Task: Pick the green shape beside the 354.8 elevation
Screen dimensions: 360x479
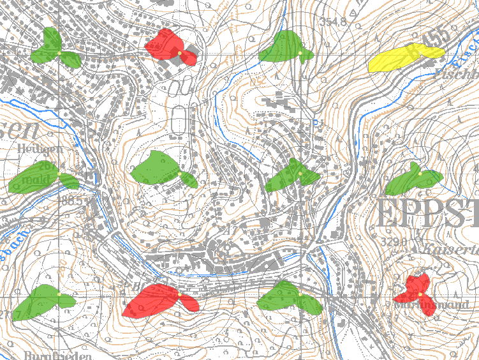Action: pyautogui.click(x=283, y=49)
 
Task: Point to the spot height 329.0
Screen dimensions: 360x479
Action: pyautogui.click(x=394, y=243)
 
